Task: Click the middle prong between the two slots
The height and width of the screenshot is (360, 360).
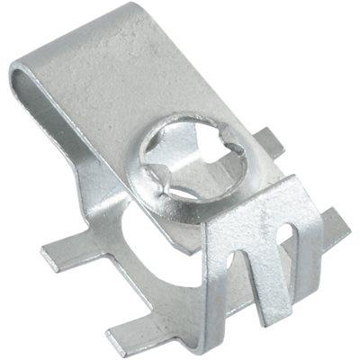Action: [x=269, y=270]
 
